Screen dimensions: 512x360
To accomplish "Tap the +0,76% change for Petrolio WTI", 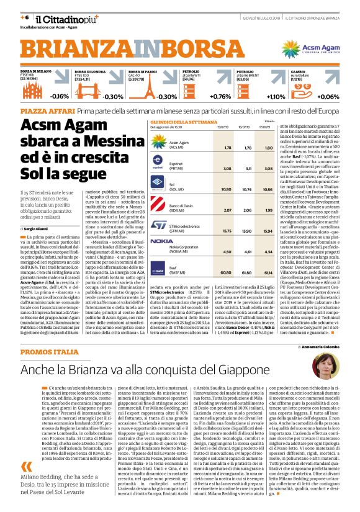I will pyautogui.click(x=220, y=97).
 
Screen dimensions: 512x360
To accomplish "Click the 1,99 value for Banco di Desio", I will pyautogui.click(x=268, y=210).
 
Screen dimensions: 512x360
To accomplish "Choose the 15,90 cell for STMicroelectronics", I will pyautogui.click(x=248, y=231).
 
